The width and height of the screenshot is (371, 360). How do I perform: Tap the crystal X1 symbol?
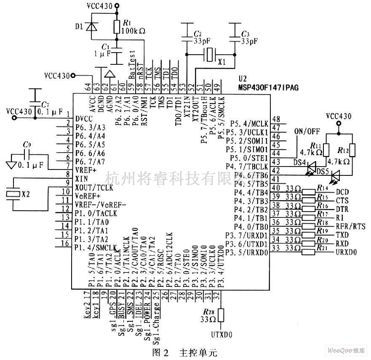[x=209, y=54]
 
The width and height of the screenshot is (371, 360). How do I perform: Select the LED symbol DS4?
[x=312, y=167]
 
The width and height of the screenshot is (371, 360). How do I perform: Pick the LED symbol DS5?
[x=335, y=174]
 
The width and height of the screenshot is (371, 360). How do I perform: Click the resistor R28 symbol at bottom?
[x=221, y=315]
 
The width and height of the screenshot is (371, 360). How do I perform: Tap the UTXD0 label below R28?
[x=222, y=336]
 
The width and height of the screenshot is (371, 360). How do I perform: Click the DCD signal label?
[x=342, y=192]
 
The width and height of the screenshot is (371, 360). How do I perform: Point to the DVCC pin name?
[x=84, y=118]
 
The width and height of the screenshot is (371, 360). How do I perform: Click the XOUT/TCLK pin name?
[x=94, y=188]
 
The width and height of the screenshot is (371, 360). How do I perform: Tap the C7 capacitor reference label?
[x=45, y=104]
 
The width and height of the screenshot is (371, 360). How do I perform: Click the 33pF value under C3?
[x=248, y=41]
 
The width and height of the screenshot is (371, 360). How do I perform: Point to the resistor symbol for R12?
[x=351, y=150]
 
